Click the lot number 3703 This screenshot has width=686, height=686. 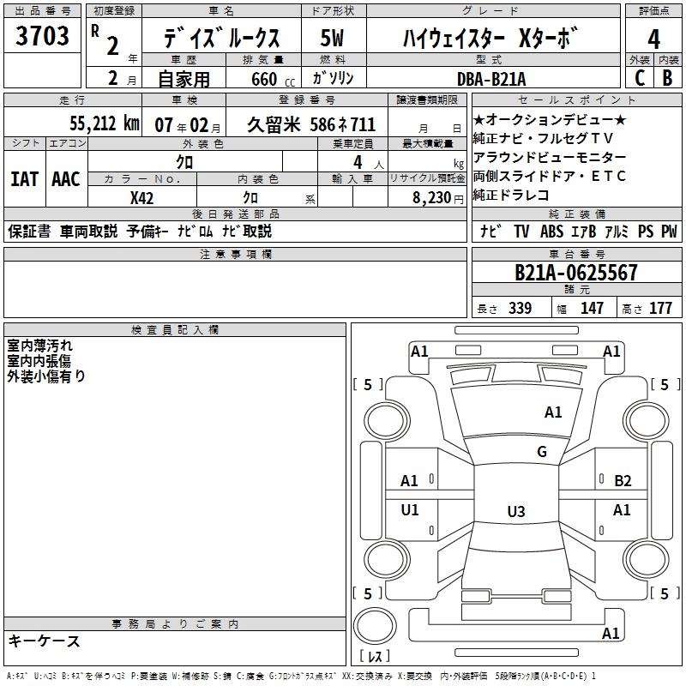point(43,38)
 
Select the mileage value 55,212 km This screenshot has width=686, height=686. point(97,124)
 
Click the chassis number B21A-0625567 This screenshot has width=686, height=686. point(576,273)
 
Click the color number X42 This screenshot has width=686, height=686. point(141,197)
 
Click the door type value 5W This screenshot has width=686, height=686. point(333,39)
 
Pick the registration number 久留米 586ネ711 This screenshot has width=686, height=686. point(311,124)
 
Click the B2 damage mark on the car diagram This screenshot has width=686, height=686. point(623,481)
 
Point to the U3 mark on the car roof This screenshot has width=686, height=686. point(515,512)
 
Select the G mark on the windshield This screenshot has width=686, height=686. point(542,452)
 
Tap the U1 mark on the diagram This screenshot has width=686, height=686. point(410,510)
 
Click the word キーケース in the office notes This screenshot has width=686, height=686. point(45,641)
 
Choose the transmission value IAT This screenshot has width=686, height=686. point(24,179)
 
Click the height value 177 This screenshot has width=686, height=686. point(660,309)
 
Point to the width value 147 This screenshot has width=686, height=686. point(592,309)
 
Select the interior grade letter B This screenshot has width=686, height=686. point(667,78)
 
